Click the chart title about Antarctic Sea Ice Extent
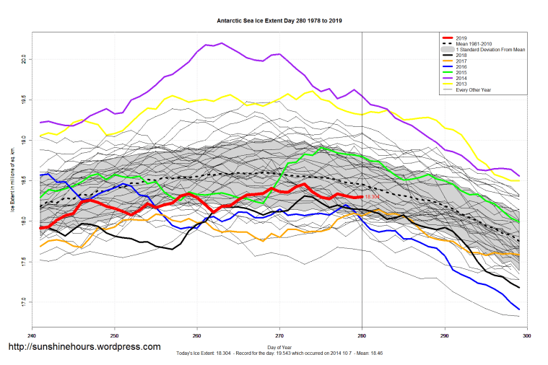(279, 22)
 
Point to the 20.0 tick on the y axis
(24, 58)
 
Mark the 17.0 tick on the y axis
(24, 301)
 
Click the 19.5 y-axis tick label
(24, 99)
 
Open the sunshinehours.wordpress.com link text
(84, 347)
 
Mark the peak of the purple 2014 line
(221, 43)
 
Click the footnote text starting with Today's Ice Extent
(279, 355)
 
